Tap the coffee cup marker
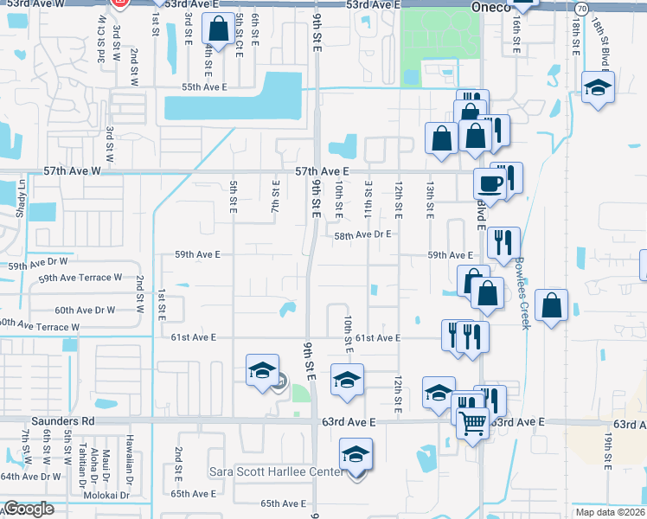(490, 184)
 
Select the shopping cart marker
(471, 424)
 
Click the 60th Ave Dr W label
(84, 310)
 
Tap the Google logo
(29, 509)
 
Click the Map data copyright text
(613, 512)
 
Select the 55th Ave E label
(203, 87)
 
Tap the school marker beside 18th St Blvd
(598, 87)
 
